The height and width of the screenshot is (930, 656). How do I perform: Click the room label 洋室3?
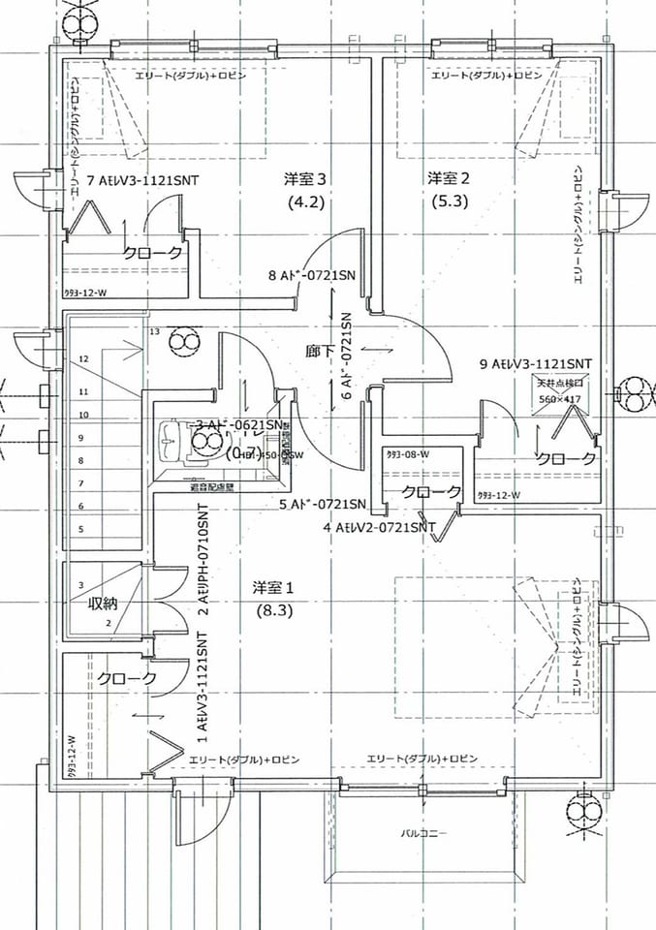(x=304, y=179)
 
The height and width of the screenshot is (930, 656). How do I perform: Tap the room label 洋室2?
(x=449, y=178)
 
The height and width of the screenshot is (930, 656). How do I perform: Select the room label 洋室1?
(x=272, y=587)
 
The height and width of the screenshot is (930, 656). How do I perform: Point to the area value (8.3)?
(x=274, y=611)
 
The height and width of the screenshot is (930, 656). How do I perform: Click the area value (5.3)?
(x=449, y=202)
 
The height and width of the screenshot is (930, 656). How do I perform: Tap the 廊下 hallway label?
(x=323, y=350)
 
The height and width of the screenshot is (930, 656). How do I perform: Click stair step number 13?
(x=153, y=331)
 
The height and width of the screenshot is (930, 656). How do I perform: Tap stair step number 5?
(x=81, y=529)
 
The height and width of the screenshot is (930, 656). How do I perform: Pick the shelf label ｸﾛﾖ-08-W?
(x=408, y=453)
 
